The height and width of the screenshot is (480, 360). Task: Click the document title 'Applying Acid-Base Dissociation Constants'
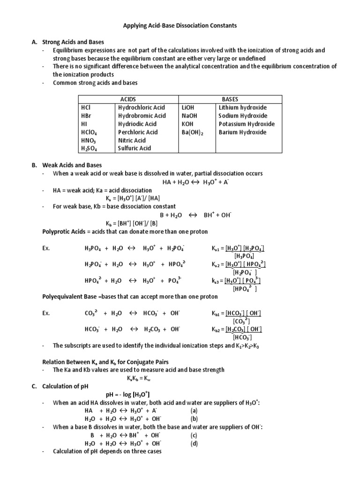click(x=180, y=26)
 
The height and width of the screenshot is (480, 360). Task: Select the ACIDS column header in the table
click(x=128, y=99)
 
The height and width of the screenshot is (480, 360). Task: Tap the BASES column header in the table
click(x=230, y=99)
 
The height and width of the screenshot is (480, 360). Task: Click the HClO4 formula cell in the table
click(x=89, y=132)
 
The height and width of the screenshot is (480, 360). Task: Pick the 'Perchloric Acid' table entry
click(x=138, y=132)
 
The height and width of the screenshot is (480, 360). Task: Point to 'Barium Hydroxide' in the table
click(x=242, y=132)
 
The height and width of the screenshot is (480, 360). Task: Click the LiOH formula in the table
click(x=188, y=107)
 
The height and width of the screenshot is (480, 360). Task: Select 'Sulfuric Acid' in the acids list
click(x=135, y=148)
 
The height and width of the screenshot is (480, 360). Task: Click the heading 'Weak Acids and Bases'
click(x=72, y=165)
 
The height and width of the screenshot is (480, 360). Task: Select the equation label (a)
click(x=194, y=411)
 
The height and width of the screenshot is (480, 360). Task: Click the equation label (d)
click(x=194, y=443)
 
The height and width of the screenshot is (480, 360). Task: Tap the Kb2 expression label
click(x=217, y=330)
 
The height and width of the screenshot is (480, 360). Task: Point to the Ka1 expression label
click(x=217, y=248)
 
